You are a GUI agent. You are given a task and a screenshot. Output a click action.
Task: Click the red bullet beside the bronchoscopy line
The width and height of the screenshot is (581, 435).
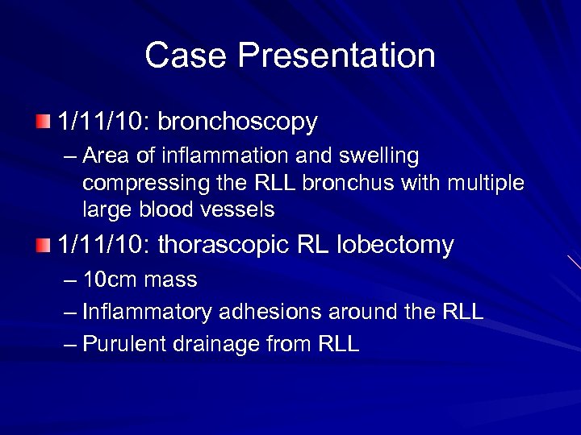click(x=42, y=122)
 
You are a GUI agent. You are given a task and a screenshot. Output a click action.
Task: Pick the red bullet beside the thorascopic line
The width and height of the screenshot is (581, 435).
click(x=42, y=245)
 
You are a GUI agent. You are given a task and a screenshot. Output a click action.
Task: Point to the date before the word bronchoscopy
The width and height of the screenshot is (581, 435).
click(x=103, y=122)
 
